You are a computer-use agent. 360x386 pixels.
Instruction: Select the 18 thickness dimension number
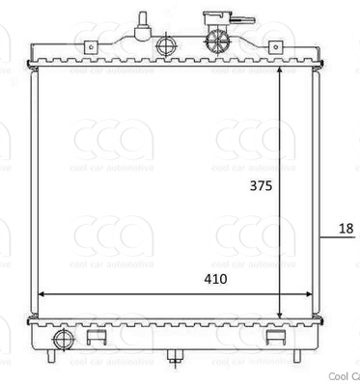coord(346,229)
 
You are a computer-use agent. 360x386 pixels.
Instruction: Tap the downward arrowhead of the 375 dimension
coord(280,314)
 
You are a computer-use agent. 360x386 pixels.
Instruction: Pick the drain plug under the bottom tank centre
coord(175,358)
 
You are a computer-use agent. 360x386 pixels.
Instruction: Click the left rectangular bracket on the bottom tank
coord(96,338)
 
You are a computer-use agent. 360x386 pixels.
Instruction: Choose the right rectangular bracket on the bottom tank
coord(274,338)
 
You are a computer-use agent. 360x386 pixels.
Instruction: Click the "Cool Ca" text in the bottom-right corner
coord(344,376)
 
